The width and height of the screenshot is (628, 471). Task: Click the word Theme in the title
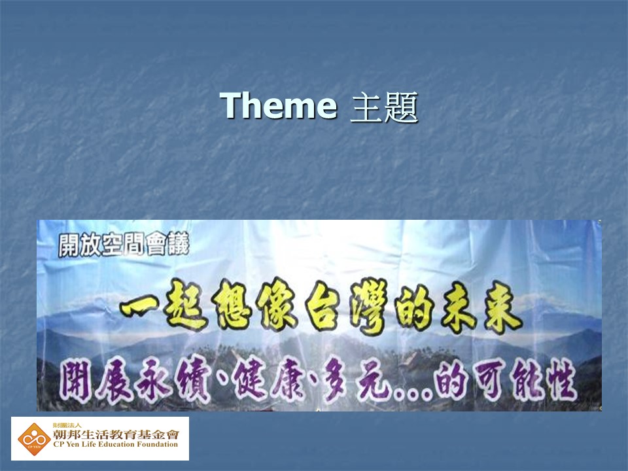pos(279,105)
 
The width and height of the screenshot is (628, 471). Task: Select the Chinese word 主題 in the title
pos(384,107)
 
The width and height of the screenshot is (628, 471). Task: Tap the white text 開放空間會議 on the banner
pos(124,245)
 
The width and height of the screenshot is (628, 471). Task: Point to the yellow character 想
pos(232,305)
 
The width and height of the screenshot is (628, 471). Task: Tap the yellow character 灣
pos(368,306)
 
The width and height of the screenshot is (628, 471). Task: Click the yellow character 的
pos(415,308)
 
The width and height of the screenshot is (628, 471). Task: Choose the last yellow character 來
pos(502,307)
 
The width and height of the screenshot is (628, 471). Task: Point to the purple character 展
pos(114,381)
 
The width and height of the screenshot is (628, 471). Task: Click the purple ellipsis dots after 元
pos(413,394)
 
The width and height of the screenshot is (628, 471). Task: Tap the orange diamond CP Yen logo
pos(34,439)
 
